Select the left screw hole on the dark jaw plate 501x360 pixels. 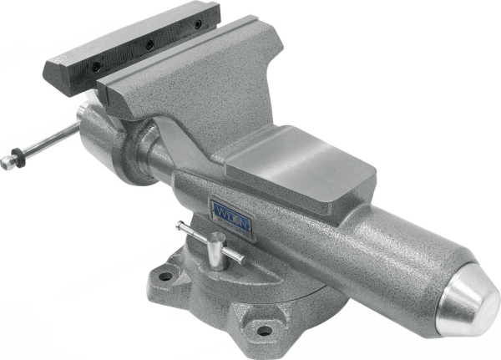click(x=96, y=65)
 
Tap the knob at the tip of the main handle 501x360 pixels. click(x=8, y=163)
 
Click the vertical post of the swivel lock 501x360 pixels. click(x=216, y=252)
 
